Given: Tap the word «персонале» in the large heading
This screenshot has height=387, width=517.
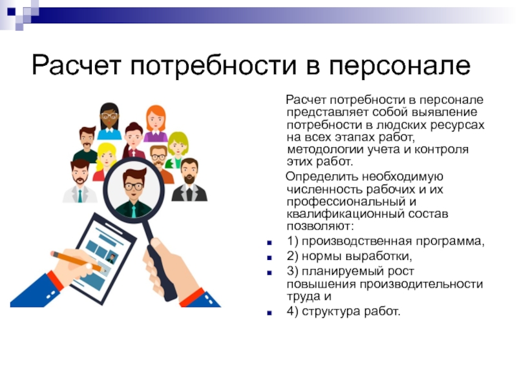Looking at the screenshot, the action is [399, 66].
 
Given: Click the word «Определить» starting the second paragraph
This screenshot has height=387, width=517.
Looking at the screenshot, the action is [322, 177].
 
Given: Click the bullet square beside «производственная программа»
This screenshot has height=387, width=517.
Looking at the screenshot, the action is [269, 243].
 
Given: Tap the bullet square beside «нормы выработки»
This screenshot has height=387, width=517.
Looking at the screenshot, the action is [269, 257].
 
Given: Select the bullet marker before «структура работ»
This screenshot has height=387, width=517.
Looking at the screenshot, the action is [269, 313].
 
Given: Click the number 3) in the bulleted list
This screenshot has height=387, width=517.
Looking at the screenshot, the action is [293, 272].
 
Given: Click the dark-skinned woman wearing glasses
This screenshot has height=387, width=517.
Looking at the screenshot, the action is [109, 121].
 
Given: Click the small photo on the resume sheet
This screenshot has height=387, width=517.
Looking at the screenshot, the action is [111, 258].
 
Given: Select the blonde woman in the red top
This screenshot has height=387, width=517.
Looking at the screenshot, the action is [105, 162].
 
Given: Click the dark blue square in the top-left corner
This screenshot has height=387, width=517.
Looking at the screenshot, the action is [11, 12].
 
